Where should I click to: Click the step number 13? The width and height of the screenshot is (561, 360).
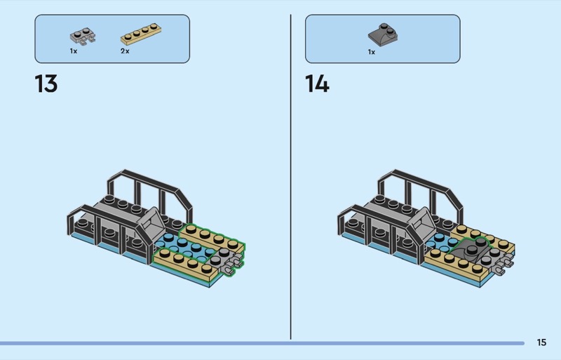click(46, 84)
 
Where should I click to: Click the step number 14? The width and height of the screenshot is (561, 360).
click(317, 84)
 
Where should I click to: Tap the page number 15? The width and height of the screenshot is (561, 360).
click(541, 342)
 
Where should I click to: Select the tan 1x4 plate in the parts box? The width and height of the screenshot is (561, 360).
click(141, 34)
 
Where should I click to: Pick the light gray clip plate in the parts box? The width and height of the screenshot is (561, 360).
click(83, 36)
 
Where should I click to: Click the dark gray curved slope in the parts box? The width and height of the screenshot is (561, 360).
click(383, 33)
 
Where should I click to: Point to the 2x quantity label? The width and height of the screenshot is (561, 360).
click(125, 51)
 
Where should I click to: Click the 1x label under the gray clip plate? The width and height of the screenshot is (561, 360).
click(74, 51)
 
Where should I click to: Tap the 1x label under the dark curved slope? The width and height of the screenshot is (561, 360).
click(372, 53)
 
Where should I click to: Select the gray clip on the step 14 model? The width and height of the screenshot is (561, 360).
click(503, 265)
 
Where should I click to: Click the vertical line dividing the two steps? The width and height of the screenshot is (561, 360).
click(290, 177)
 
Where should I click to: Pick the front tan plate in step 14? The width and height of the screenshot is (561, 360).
click(455, 266)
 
